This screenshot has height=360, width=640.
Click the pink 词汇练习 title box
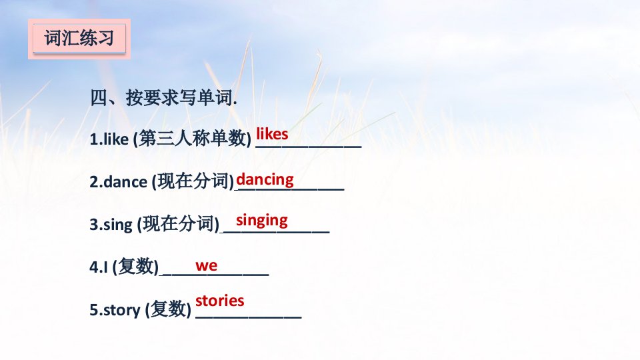tap(79, 39)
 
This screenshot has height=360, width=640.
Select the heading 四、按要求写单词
tap(163, 98)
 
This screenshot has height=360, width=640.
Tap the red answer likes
tap(272, 133)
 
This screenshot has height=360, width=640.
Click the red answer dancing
tap(265, 179)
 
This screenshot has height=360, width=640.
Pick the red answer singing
tap(261, 221)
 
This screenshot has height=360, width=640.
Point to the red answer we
tap(206, 266)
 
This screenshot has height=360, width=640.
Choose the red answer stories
tap(219, 301)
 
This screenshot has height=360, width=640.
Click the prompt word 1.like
tap(109, 139)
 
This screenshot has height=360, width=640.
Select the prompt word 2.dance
tap(119, 181)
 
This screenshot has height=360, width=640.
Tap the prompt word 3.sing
tap(111, 225)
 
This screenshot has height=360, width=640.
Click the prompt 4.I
tap(99, 267)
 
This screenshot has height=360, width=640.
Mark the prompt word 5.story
tap(115, 310)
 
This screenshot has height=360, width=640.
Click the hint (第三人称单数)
tap(192, 139)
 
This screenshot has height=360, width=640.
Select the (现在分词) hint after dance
tap(193, 181)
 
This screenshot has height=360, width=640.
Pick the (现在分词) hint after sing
tap(178, 224)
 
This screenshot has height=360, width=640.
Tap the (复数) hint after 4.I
tap(135, 267)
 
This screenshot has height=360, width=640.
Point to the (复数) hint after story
tap(168, 309)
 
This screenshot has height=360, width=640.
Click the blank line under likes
tap(309, 147)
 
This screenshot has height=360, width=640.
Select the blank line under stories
tap(249, 317)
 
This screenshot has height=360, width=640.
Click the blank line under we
tap(216, 275)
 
